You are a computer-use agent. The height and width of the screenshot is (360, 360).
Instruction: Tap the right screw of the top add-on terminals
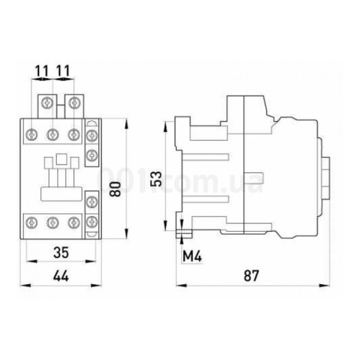74,103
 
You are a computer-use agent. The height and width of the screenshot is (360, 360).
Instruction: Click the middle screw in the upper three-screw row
52,134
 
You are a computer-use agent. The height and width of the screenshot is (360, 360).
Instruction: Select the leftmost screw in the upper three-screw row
31,134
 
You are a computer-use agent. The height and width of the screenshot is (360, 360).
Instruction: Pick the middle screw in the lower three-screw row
52,222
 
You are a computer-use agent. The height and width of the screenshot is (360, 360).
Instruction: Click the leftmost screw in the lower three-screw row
31,222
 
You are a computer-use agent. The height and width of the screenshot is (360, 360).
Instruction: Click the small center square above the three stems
61,159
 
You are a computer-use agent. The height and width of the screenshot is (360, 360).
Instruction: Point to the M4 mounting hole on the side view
183,233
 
